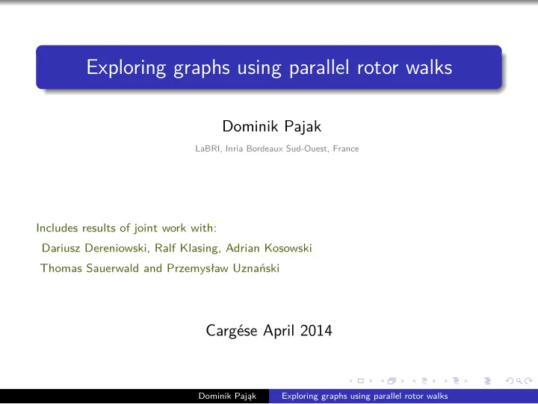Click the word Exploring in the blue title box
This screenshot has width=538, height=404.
(126, 67)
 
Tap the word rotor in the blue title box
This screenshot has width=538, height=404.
(377, 67)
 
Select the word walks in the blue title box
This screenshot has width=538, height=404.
(429, 67)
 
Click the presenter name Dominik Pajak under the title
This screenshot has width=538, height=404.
(272, 126)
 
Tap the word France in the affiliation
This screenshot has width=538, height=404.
(346, 149)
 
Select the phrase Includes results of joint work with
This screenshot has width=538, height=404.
(126, 228)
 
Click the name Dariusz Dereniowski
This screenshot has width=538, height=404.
(94, 248)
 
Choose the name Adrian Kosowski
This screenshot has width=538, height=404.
(269, 248)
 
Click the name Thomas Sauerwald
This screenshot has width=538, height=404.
(90, 268)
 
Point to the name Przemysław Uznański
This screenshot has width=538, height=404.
(223, 268)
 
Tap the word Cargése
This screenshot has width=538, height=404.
(232, 331)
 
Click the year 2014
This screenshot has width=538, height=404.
(316, 331)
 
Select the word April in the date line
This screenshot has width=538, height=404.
(279, 331)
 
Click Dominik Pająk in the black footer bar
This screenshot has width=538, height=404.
(227, 396)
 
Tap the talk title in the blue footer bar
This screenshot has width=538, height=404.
(365, 396)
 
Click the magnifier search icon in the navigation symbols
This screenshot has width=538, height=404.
(519, 381)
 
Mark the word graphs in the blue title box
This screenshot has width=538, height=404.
(202, 68)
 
